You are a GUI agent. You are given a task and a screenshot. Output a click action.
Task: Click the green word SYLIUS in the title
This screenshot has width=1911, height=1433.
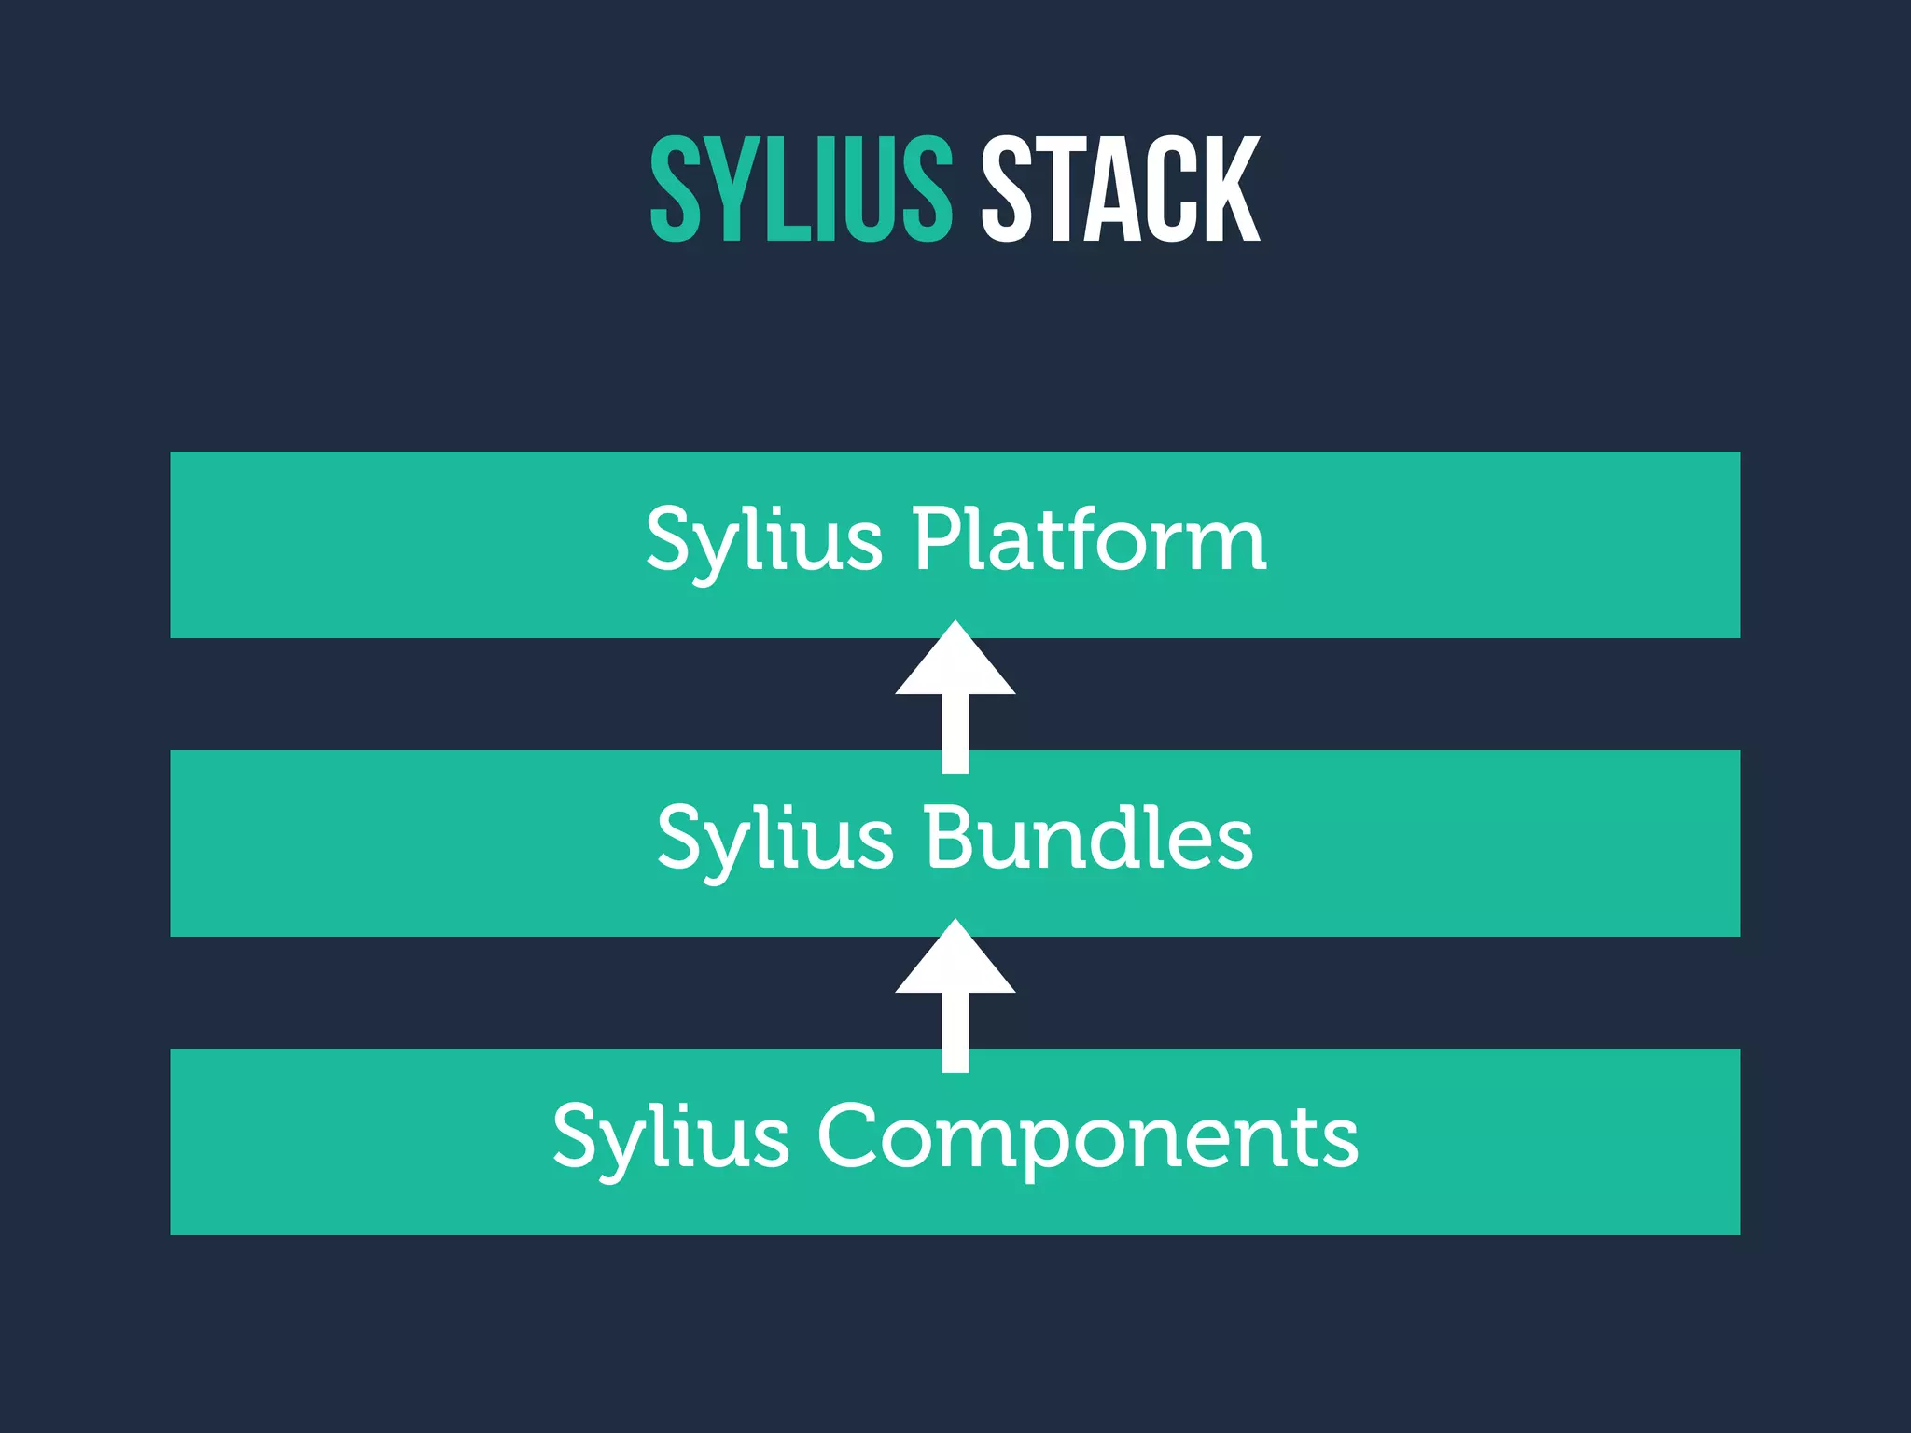click(x=801, y=188)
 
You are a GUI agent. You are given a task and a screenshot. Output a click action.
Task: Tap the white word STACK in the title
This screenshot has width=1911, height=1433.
click(x=1120, y=188)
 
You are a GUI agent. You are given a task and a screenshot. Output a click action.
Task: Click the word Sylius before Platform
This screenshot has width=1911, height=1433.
click(x=763, y=541)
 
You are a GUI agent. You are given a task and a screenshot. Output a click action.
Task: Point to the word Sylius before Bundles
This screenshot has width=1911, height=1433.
click(x=774, y=840)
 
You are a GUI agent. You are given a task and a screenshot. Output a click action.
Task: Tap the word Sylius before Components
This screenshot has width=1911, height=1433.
click(x=670, y=1138)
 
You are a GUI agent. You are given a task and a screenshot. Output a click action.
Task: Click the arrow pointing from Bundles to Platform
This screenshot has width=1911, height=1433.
click(x=955, y=700)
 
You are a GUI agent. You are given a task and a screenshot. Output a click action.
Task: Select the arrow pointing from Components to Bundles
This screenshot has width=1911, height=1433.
click(x=955, y=998)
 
